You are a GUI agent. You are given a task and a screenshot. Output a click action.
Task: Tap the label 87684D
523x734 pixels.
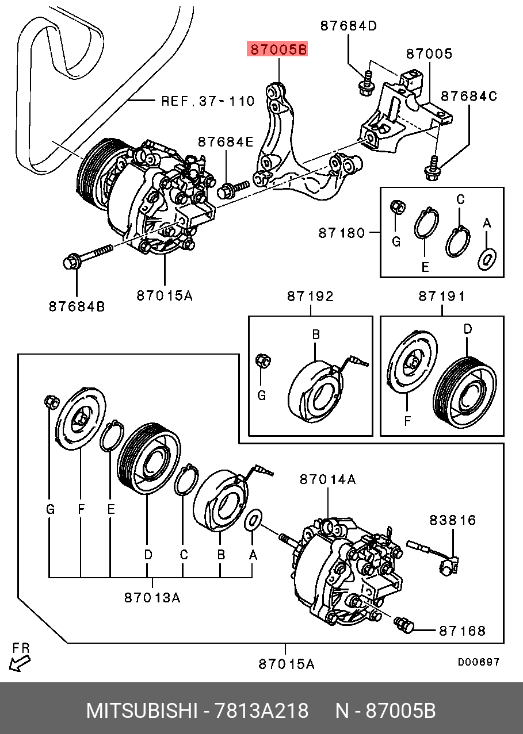coord(348,26)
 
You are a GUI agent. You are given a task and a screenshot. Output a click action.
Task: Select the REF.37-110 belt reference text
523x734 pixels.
coord(207,101)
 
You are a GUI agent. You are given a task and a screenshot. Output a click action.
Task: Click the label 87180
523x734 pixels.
coord(341,233)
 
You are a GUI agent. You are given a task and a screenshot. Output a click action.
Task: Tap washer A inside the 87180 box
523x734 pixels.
coord(486,259)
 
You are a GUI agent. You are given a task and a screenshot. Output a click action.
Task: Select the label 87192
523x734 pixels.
coord(310,296)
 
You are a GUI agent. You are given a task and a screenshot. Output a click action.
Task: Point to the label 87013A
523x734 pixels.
coord(152,598)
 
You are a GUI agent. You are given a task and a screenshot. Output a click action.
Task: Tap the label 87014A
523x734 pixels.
coord(327,479)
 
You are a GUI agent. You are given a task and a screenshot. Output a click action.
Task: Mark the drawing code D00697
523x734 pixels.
coord(478,662)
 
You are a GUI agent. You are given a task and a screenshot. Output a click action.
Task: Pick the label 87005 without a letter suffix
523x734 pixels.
coord(429,53)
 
